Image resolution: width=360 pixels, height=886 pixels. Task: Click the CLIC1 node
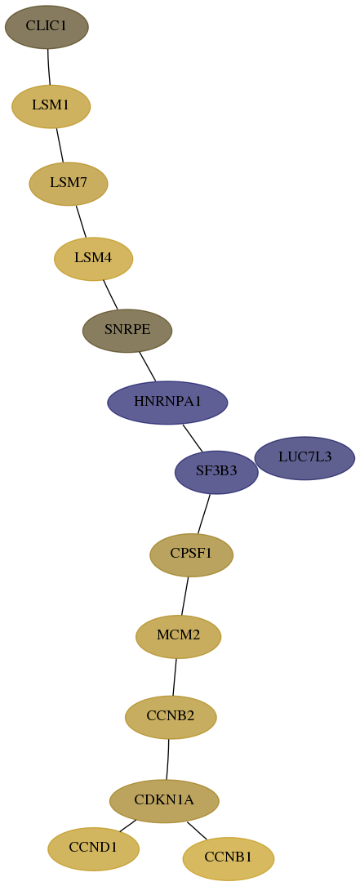pyautogui.click(x=47, y=27)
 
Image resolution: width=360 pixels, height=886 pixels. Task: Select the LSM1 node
pyautogui.click(x=51, y=106)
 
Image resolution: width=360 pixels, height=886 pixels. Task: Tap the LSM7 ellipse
pyautogui.click(x=69, y=184)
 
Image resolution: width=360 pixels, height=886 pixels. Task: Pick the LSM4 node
pyautogui.click(x=93, y=259)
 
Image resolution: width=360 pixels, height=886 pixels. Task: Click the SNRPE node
pyautogui.click(x=127, y=331)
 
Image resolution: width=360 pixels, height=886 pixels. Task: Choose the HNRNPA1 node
pyautogui.click(x=167, y=403)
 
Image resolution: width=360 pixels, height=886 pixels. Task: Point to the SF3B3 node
pyautogui.click(x=216, y=472)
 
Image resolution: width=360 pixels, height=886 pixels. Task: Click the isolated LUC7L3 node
pyautogui.click(x=304, y=457)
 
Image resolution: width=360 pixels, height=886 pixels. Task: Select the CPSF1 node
pyautogui.click(x=192, y=555)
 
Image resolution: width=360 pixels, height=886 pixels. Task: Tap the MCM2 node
pyautogui.click(x=178, y=636)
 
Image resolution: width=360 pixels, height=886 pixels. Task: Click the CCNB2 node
pyautogui.click(x=171, y=717)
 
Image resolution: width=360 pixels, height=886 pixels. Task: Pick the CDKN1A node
pyautogui.click(x=164, y=801)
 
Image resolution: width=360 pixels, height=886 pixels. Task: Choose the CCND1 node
pyautogui.click(x=93, y=848)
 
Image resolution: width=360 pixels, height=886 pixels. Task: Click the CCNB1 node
pyautogui.click(x=229, y=858)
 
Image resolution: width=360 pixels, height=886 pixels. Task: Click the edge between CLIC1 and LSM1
pyautogui.click(x=49, y=67)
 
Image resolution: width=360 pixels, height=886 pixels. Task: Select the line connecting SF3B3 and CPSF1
pyautogui.click(x=204, y=514)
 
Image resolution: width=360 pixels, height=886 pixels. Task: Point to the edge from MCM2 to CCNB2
pyautogui.click(x=175, y=677)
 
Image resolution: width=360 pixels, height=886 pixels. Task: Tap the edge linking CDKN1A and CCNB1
pyautogui.click(x=197, y=830)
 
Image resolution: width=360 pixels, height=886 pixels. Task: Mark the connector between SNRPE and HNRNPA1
pyautogui.click(x=148, y=367)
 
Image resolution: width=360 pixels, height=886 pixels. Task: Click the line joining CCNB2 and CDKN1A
pyautogui.click(x=168, y=759)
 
